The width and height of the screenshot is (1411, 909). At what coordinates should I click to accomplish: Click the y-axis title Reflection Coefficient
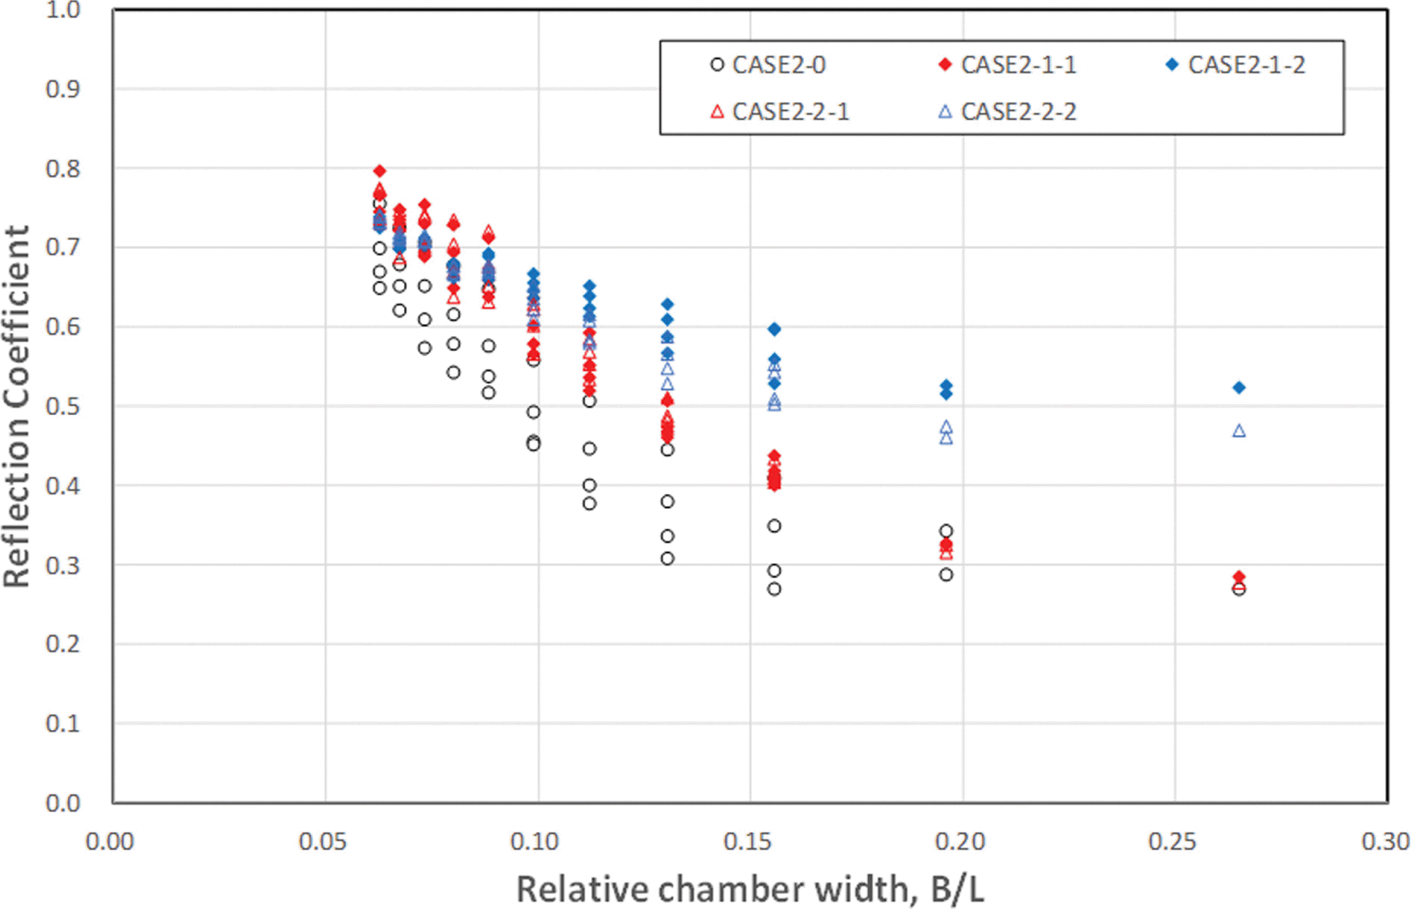[17, 406]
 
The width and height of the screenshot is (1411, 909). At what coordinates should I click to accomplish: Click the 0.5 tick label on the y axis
[62, 406]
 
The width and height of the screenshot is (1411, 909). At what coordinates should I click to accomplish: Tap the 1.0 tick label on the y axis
[62, 10]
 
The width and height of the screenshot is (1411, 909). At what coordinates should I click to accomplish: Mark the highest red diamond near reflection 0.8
[380, 171]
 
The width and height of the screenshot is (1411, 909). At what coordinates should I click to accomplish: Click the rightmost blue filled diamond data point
[1239, 388]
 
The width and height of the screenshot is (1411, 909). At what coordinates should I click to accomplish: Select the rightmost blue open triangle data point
[1239, 431]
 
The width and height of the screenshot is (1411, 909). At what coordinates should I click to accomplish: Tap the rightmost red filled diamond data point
[1239, 577]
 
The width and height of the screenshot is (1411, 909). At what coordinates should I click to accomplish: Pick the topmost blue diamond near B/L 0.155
[774, 329]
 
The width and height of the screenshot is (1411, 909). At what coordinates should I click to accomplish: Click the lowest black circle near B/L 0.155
[774, 589]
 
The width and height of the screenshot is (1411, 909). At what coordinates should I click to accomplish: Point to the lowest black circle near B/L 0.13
[668, 558]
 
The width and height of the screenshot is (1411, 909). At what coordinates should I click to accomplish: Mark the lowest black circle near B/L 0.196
[946, 575]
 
